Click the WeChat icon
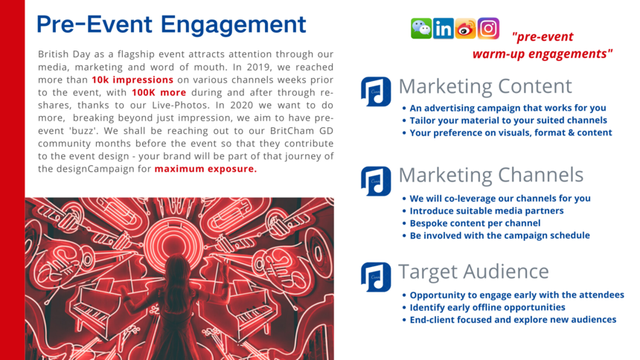(x=421, y=28)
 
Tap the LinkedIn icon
(x=444, y=28)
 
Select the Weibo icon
(x=466, y=28)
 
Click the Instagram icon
(x=488, y=28)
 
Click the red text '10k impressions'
(x=132, y=80)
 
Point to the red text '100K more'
(x=159, y=93)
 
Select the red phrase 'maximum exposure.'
(x=205, y=169)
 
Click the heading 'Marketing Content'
(x=485, y=86)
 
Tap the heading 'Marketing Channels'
(x=490, y=175)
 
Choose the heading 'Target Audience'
(x=473, y=271)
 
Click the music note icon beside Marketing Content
(x=376, y=91)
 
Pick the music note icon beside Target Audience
(x=376, y=277)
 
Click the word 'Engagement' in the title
(x=233, y=25)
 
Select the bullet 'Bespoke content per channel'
(x=475, y=223)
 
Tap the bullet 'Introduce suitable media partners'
(x=487, y=211)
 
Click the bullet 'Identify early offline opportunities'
(x=487, y=307)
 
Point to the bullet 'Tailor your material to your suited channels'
(x=508, y=120)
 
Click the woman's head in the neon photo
(x=176, y=266)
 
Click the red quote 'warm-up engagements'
(x=543, y=54)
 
